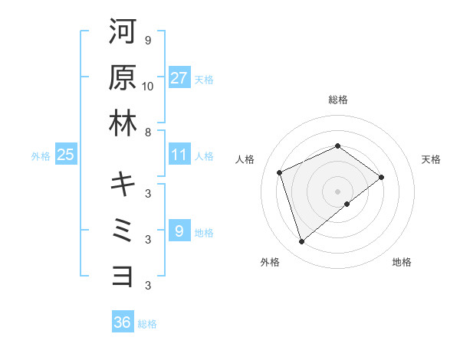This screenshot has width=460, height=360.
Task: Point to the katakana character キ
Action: (123, 184)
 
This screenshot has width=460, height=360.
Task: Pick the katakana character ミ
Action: (123, 230)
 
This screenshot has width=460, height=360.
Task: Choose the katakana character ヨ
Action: (123, 276)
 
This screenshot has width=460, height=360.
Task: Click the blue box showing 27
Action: (179, 78)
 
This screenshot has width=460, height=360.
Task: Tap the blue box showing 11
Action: (179, 155)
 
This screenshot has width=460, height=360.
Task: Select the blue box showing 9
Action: (179, 230)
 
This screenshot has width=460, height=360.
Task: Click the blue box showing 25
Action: (66, 155)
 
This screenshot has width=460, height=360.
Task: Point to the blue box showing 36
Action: (122, 322)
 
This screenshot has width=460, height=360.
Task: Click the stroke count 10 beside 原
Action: (148, 86)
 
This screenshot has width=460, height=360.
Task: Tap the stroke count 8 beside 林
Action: (148, 132)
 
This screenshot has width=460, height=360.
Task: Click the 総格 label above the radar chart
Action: (337, 100)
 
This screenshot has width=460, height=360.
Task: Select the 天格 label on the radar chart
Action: (432, 159)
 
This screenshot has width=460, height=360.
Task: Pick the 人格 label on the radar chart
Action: (245, 159)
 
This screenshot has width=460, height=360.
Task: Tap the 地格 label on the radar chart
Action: (402, 262)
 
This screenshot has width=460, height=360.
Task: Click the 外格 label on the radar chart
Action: (270, 262)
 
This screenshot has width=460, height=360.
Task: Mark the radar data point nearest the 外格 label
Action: (301, 242)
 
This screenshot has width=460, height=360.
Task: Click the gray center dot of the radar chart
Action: (337, 191)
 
